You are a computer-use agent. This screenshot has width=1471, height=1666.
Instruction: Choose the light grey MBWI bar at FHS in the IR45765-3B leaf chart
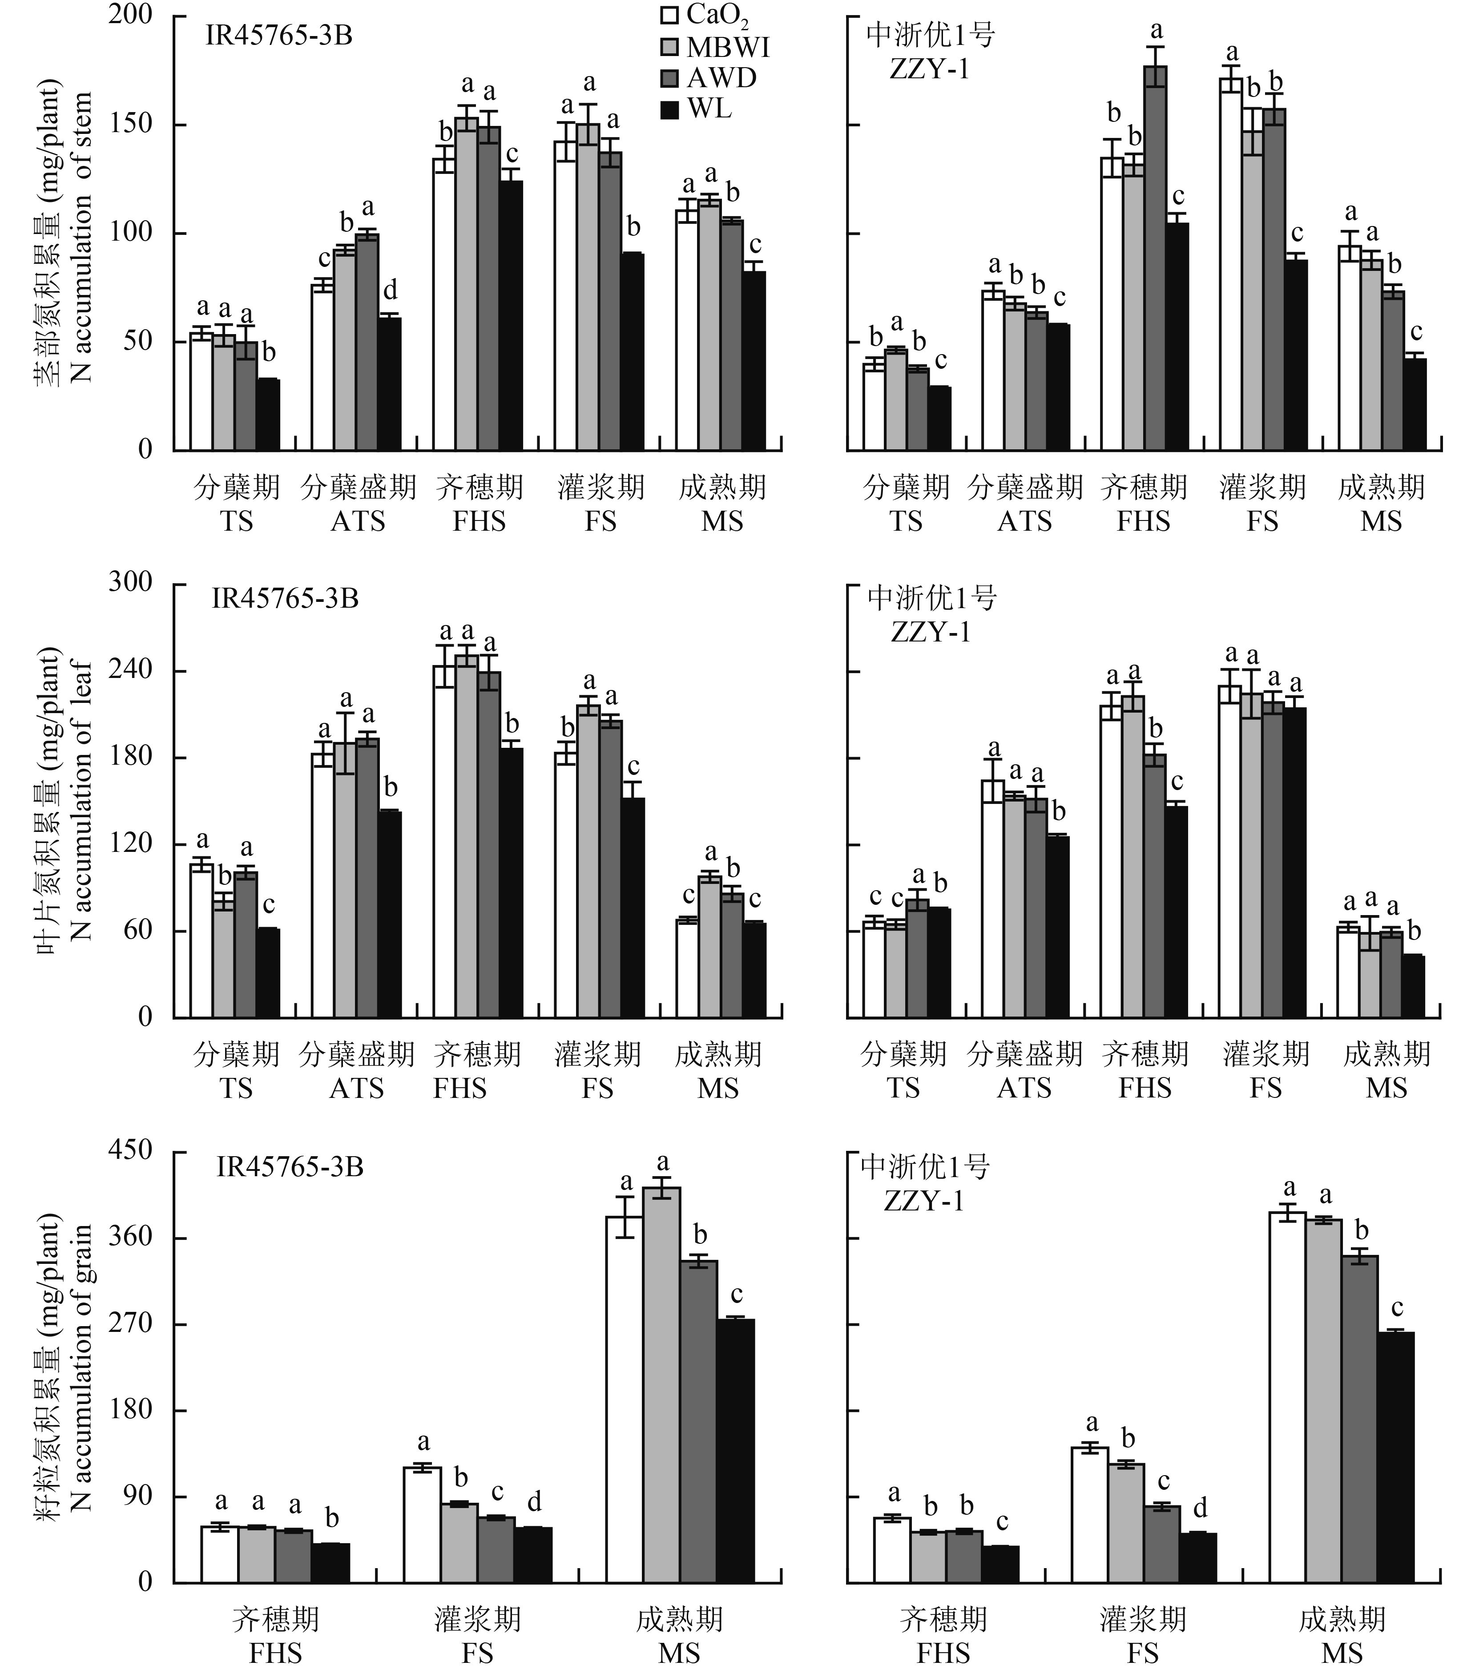pos(467,835)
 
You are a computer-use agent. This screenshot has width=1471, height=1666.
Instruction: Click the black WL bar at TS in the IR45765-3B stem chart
pos(268,415)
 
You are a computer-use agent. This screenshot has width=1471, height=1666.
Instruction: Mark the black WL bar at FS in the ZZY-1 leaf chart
pos(1294,862)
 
